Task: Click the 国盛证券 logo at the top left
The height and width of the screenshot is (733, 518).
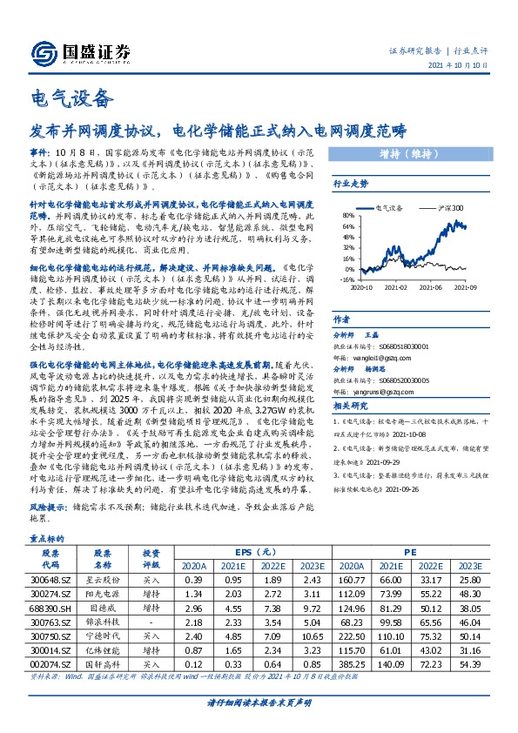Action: [80, 50]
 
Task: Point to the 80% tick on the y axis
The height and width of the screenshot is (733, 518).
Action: [347, 214]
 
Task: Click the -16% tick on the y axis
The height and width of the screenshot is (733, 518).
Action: [347, 280]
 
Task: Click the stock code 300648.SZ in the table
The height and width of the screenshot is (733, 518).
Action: [51, 578]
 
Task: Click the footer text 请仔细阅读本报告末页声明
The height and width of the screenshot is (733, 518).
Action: [259, 703]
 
